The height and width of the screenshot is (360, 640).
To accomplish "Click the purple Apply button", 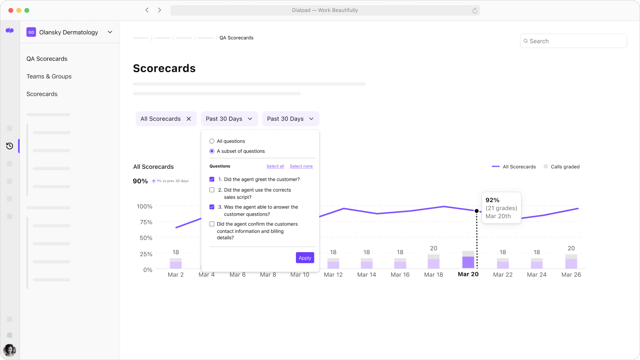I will [305, 258].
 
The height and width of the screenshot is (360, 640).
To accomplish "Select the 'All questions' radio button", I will [212, 141].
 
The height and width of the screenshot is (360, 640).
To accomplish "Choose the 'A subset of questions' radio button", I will [212, 151].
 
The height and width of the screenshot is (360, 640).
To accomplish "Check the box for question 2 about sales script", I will [212, 190].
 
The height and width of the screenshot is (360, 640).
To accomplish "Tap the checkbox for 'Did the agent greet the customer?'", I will [212, 179].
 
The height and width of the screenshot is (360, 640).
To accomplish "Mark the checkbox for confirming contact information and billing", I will [212, 224].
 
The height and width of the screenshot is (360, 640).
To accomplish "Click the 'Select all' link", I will [275, 166].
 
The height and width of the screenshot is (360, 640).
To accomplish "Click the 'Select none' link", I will [301, 166].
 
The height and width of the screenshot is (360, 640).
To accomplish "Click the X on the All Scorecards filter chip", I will [189, 119].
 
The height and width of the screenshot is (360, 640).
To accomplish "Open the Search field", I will [573, 41].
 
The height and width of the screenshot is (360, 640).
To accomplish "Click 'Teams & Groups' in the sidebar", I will [49, 76].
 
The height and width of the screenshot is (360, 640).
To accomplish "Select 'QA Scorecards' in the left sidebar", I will [47, 59].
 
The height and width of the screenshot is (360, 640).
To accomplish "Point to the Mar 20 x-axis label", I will [468, 274].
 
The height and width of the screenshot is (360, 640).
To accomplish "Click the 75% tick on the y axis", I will [146, 222].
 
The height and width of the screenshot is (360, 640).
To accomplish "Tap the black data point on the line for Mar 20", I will [476, 211].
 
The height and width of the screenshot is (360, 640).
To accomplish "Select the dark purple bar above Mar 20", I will [468, 262].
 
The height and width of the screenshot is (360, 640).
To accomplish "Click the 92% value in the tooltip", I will [492, 200].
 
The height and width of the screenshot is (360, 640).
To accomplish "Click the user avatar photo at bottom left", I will [10, 350].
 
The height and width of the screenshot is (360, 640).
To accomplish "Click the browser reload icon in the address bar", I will [475, 10].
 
